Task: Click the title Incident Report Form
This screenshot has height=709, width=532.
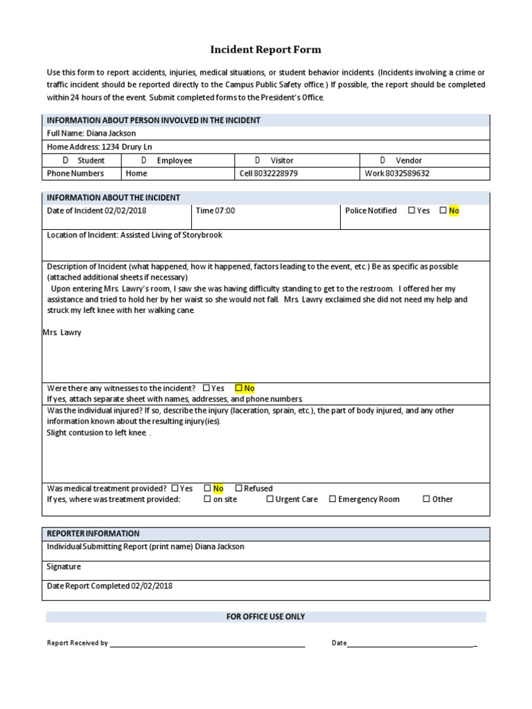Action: tap(265, 50)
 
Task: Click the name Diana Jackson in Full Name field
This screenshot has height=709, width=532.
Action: tap(111, 133)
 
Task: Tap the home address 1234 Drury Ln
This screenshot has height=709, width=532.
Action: tap(127, 147)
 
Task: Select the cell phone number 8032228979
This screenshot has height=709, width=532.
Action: tap(276, 174)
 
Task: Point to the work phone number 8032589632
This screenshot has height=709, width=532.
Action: tap(407, 174)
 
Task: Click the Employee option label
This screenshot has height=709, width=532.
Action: tap(175, 161)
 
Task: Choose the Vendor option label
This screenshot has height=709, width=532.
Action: tap(409, 161)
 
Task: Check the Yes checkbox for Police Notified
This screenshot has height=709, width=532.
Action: tap(411, 210)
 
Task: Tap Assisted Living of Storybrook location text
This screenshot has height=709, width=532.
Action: tap(171, 235)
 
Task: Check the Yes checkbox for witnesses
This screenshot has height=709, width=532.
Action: tap(206, 388)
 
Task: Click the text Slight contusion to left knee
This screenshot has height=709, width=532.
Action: tap(96, 433)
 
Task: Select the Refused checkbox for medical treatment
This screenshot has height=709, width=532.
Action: tap(238, 488)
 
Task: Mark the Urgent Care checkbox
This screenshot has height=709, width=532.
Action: tap(270, 499)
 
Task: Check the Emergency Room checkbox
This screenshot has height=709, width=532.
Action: tap(332, 499)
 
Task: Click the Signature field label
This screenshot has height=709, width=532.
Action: tap(64, 566)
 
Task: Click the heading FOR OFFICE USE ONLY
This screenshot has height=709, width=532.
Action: tap(265, 617)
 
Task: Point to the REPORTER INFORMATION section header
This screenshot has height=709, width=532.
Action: tap(93, 534)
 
